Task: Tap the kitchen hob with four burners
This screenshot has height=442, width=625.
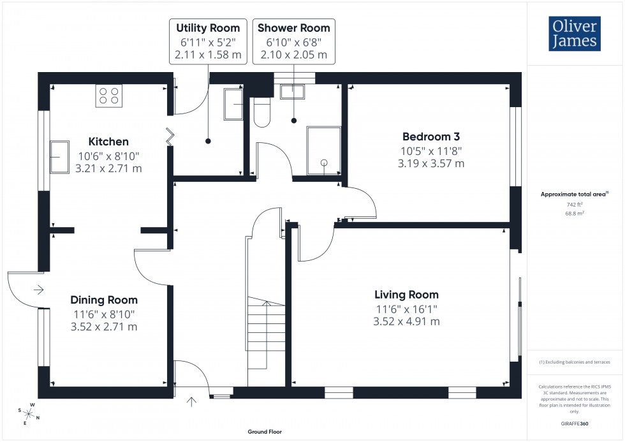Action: tap(109, 96)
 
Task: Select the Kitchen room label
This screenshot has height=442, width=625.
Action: tap(108, 142)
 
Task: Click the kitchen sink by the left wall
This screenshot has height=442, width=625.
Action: tap(61, 156)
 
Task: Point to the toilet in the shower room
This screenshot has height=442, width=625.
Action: tap(262, 114)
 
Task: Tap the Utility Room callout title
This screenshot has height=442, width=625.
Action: tap(208, 28)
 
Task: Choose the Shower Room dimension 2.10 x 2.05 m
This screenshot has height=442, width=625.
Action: tap(293, 55)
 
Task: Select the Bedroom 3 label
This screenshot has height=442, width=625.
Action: tap(430, 136)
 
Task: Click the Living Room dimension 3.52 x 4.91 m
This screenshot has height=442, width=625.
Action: tap(406, 321)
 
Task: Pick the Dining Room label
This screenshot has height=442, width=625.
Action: tap(104, 300)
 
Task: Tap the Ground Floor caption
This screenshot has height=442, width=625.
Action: tap(265, 432)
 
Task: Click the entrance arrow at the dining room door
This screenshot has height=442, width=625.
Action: tap(38, 290)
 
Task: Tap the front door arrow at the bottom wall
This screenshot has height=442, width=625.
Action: tap(192, 401)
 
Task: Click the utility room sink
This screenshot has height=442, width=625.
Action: tap(233, 105)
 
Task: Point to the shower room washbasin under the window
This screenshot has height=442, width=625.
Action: tap(293, 91)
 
